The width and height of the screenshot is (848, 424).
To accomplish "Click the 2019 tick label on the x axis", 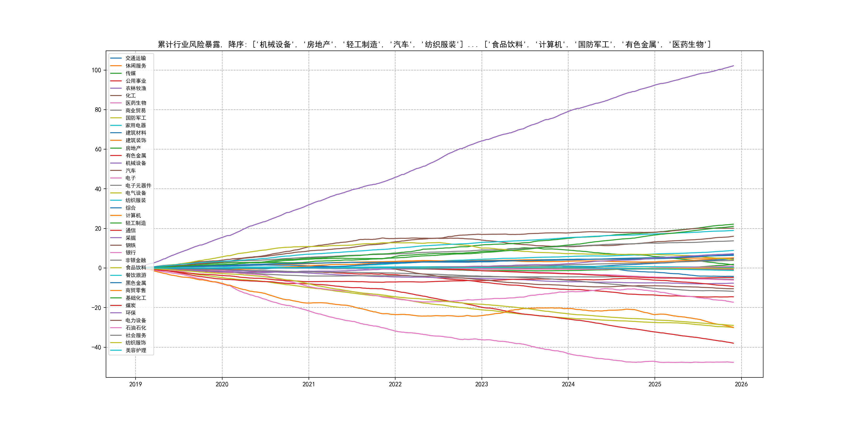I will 135,384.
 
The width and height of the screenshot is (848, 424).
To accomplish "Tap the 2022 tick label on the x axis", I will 395,384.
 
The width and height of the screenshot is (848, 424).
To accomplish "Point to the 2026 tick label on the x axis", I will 741,384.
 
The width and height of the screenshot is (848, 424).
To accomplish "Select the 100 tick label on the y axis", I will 96,70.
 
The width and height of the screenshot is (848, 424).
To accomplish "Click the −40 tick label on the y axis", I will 96,347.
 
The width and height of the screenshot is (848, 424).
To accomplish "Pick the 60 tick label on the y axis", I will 98,149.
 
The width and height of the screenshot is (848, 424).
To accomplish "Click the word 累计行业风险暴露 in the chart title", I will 189,44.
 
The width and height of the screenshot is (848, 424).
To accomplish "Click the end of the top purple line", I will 733,66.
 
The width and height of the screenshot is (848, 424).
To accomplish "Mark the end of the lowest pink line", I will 733,362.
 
